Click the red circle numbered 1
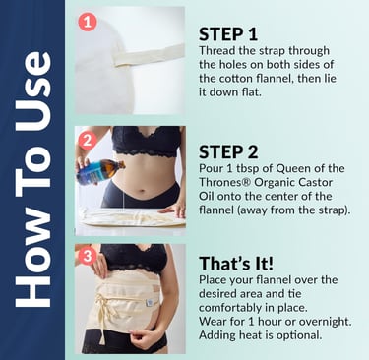pyautogui.click(x=88, y=23)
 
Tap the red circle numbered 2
pyautogui.click(x=88, y=141)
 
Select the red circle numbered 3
pyautogui.click(x=88, y=256)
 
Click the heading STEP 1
pyautogui.click(x=228, y=34)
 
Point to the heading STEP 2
pyautogui.click(x=228, y=152)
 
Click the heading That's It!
pyautogui.click(x=236, y=263)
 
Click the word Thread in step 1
pyautogui.click(x=215, y=51)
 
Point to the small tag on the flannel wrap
pyautogui.click(x=150, y=302)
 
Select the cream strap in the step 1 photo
pyautogui.click(x=149, y=55)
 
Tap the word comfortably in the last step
pyautogui.click(x=230, y=308)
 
